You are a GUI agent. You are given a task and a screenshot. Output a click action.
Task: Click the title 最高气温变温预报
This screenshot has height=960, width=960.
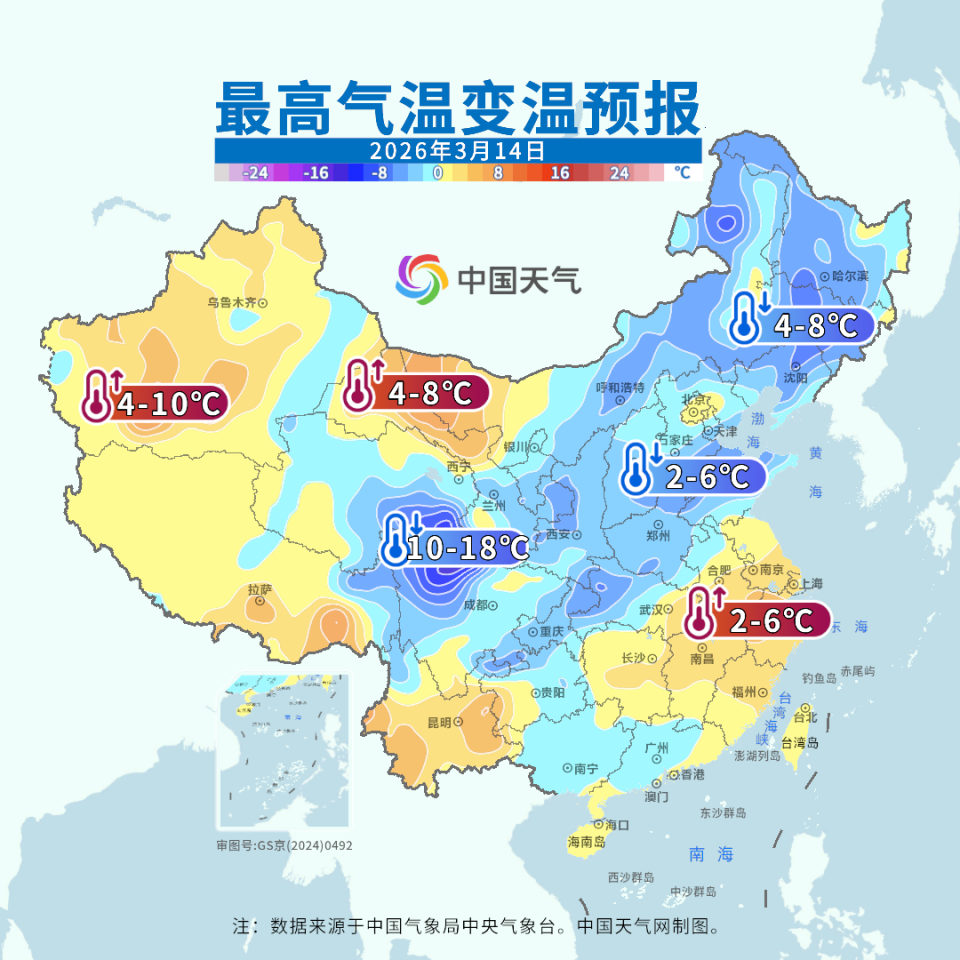458,109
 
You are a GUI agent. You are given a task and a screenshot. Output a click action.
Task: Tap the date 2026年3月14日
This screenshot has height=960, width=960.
457,152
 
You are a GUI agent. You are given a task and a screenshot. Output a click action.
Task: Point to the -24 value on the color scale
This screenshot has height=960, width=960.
256,173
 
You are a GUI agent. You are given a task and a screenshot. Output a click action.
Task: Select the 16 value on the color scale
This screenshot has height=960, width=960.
559,173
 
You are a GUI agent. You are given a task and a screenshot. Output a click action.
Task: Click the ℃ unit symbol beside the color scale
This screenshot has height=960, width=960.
682,173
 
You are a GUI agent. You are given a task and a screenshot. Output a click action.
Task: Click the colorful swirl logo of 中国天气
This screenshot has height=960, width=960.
422,279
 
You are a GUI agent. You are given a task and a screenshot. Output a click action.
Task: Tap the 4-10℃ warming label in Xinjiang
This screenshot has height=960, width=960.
167,403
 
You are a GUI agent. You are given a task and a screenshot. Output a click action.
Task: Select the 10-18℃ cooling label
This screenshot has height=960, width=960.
468,547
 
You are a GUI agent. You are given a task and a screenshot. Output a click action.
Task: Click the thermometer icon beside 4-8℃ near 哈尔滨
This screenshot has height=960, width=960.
744,318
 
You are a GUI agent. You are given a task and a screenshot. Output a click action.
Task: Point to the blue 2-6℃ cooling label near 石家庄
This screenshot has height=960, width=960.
706,477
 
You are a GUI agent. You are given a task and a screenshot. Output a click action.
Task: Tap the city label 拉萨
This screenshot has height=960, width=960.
260,591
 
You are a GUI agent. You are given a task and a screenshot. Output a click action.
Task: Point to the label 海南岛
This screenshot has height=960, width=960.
586,842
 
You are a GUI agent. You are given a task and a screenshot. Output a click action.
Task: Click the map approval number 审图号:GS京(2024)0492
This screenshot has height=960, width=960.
284,845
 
